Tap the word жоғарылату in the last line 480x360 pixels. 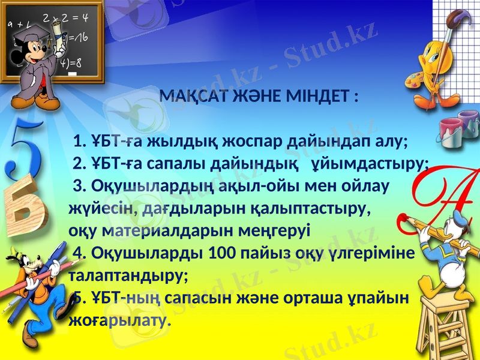click(119, 319)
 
